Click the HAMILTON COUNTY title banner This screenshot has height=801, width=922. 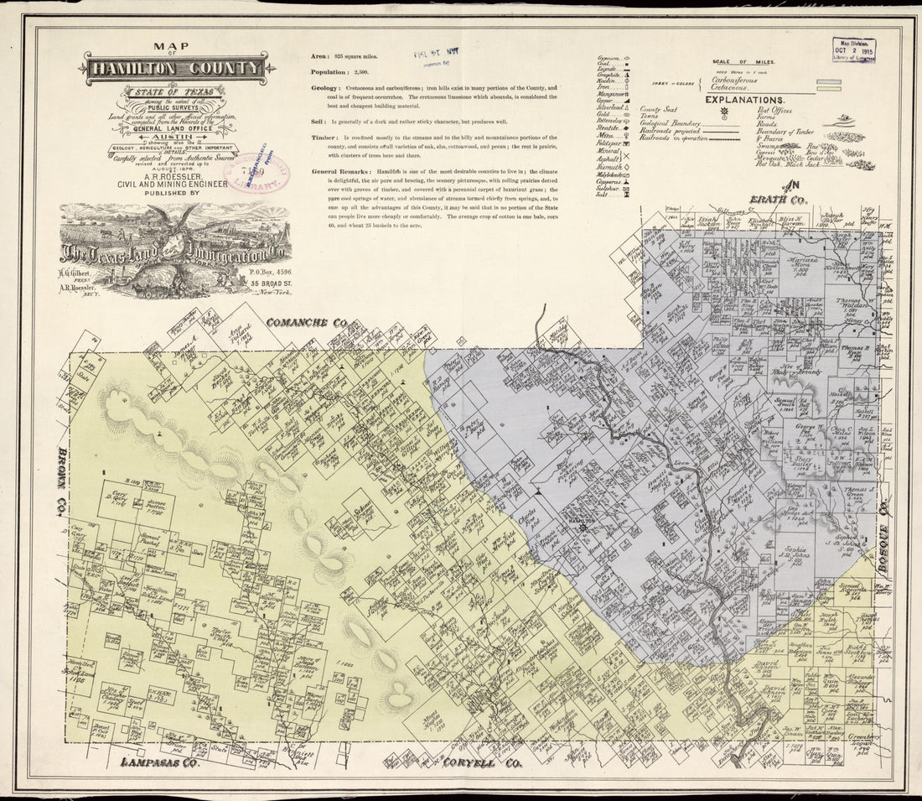tap(175, 68)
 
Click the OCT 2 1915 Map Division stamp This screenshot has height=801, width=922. tap(852, 51)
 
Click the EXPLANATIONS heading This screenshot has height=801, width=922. tap(744, 99)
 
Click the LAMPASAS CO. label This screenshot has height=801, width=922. tap(159, 762)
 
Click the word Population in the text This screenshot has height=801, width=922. tap(329, 72)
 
